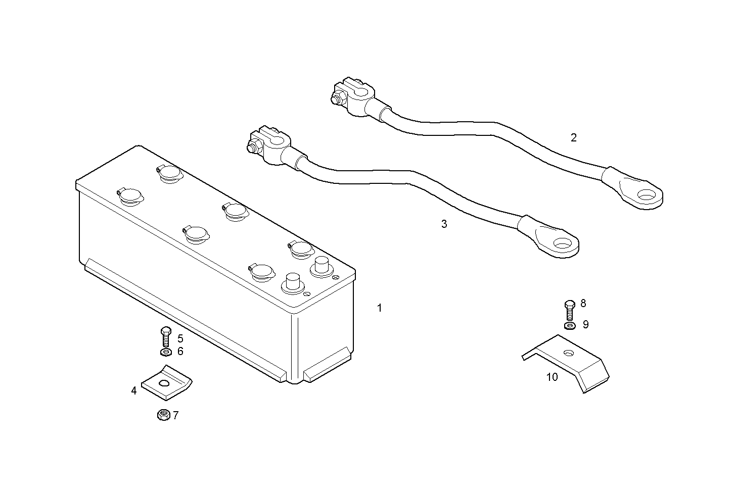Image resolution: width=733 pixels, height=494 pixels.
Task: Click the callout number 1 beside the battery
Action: point(380,308)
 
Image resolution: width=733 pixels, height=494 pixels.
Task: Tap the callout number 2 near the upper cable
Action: point(573,137)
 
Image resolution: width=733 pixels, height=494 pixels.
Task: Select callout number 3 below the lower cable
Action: point(444,224)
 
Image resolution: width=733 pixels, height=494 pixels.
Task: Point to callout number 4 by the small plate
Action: point(134,390)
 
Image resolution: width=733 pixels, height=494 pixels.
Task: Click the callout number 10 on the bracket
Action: point(552,377)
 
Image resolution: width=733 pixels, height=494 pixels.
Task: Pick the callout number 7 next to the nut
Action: point(175,416)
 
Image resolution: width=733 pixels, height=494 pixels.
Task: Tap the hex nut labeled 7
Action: point(163,415)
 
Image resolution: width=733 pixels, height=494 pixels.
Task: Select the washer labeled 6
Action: point(165,352)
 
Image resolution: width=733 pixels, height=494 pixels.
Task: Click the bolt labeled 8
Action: point(569,309)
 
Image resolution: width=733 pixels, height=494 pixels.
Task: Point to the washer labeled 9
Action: point(569,325)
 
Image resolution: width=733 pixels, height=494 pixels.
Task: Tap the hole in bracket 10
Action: point(569,353)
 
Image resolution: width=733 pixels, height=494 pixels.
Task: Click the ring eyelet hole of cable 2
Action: point(646,194)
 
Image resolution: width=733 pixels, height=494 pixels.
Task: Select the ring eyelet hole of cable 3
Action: point(562,244)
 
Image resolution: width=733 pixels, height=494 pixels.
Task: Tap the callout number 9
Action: point(585,324)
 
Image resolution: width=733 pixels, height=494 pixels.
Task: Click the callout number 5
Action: point(180,339)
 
